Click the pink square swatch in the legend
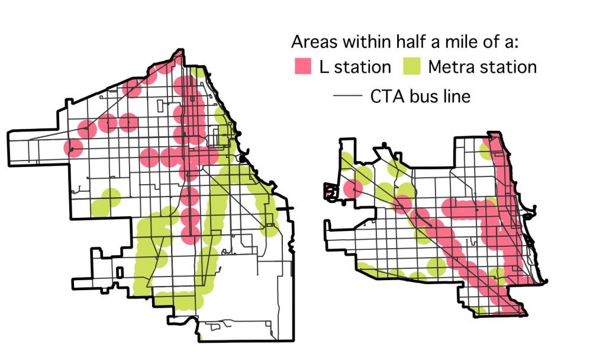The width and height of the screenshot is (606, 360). point(303,67)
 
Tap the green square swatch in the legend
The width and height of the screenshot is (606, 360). point(412,67)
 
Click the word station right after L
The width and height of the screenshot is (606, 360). point(363,67)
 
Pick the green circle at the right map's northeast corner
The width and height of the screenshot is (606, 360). point(487,151)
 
